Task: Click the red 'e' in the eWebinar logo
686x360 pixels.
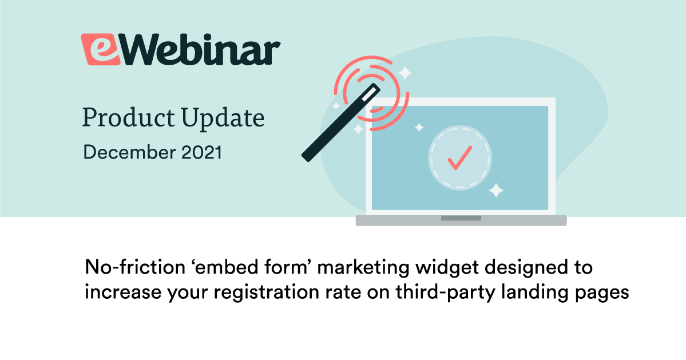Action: click(x=100, y=49)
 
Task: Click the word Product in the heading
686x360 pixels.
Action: click(x=129, y=118)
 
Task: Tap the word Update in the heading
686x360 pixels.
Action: click(x=223, y=118)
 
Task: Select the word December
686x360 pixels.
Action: click(x=129, y=152)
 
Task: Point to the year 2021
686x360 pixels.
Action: click(x=202, y=152)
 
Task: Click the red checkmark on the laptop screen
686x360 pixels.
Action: click(x=460, y=157)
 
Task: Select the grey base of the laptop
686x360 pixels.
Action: click(x=461, y=220)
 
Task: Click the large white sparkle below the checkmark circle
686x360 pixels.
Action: click(x=495, y=191)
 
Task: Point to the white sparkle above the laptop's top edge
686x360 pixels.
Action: click(x=405, y=73)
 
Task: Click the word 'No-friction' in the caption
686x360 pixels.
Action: click(x=135, y=267)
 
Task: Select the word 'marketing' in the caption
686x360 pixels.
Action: click(x=363, y=268)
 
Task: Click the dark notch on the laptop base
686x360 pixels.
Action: click(x=461, y=218)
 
